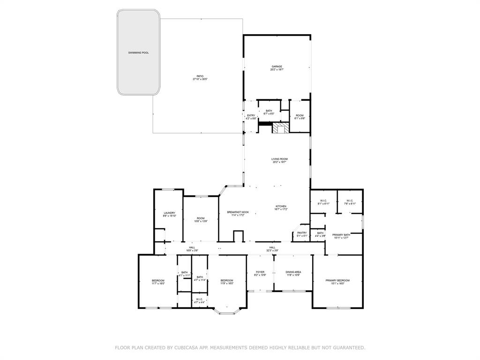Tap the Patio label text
click(200, 76)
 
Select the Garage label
click(277, 67)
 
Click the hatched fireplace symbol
click(281, 128)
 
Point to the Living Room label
click(279, 159)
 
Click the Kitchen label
click(280, 207)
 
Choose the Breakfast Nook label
click(238, 212)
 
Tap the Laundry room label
click(169, 213)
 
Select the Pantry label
click(302, 233)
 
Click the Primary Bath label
click(341, 235)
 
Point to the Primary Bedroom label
click(337, 280)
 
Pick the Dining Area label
click(293, 272)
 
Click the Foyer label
click(260, 272)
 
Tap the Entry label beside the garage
click(251, 116)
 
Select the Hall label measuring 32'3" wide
click(272, 247)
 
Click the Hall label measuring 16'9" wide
click(192, 247)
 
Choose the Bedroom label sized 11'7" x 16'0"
click(157, 280)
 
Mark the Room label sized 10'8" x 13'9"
click(201, 218)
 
